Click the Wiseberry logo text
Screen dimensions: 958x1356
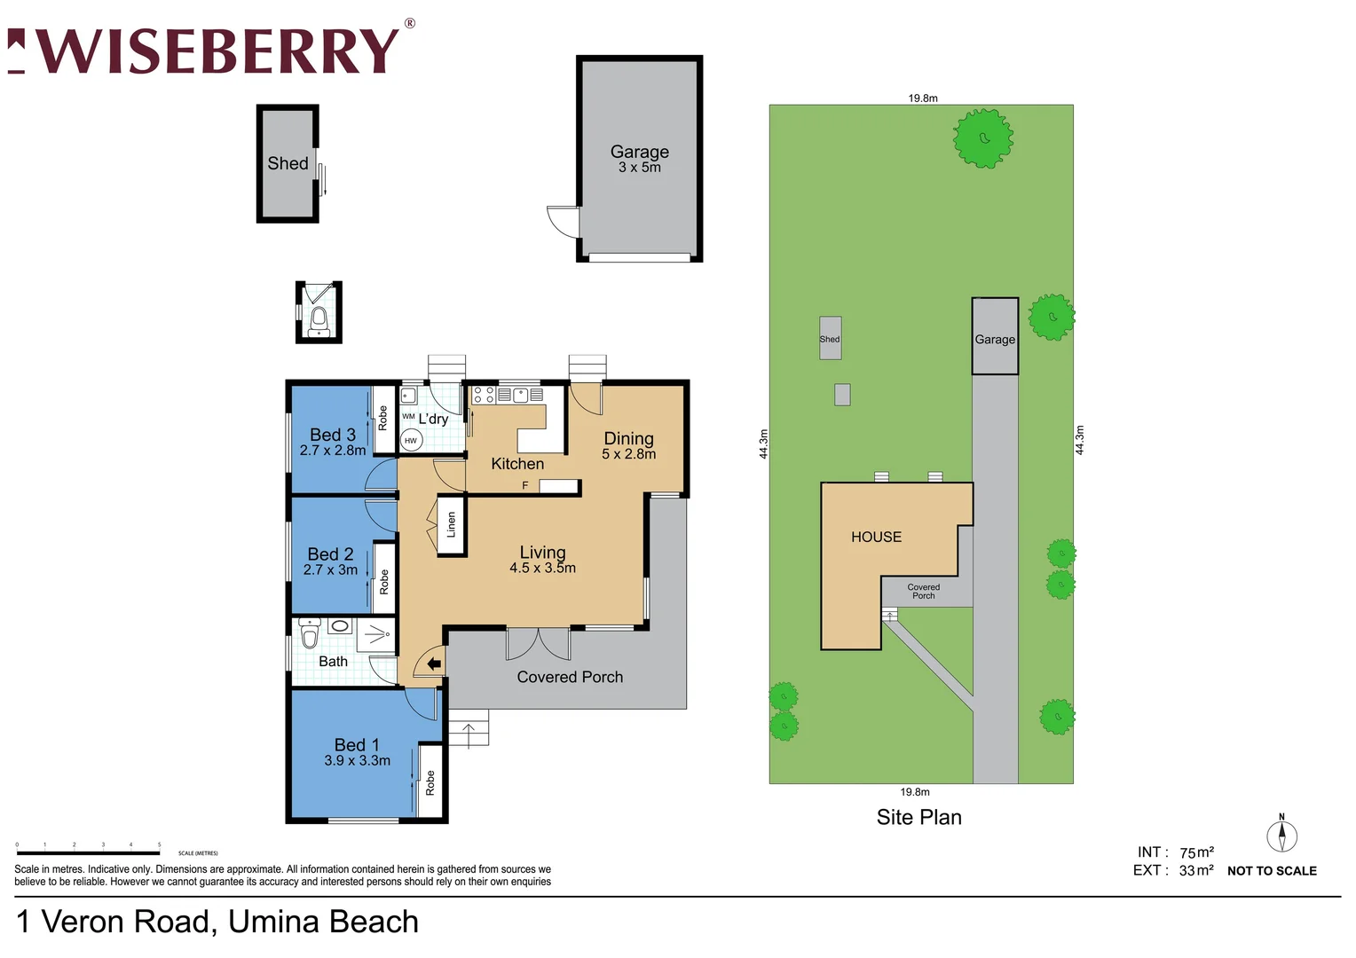[217, 51]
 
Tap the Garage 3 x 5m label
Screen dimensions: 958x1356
[639, 159]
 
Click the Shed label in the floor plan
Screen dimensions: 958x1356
[288, 163]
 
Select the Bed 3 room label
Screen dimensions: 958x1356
[333, 442]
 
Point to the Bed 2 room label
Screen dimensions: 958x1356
[330, 561]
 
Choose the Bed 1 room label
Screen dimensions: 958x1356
[357, 752]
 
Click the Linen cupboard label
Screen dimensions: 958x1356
[451, 525]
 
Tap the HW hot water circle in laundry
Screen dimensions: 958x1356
[410, 440]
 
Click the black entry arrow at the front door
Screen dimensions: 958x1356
[434, 664]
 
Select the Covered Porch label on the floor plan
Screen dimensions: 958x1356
[570, 677]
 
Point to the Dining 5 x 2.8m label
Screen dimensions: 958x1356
[628, 445]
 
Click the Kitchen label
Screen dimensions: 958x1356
[517, 464]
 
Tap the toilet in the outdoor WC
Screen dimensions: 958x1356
[319, 318]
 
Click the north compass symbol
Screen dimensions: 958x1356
[1281, 835]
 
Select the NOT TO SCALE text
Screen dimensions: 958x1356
[1272, 871]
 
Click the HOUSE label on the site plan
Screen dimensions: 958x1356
[876, 537]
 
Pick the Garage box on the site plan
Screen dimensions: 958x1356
[995, 337]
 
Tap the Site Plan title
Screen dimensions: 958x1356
[918, 817]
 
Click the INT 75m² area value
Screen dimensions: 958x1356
[1195, 852]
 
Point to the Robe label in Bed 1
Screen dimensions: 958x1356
[430, 781]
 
